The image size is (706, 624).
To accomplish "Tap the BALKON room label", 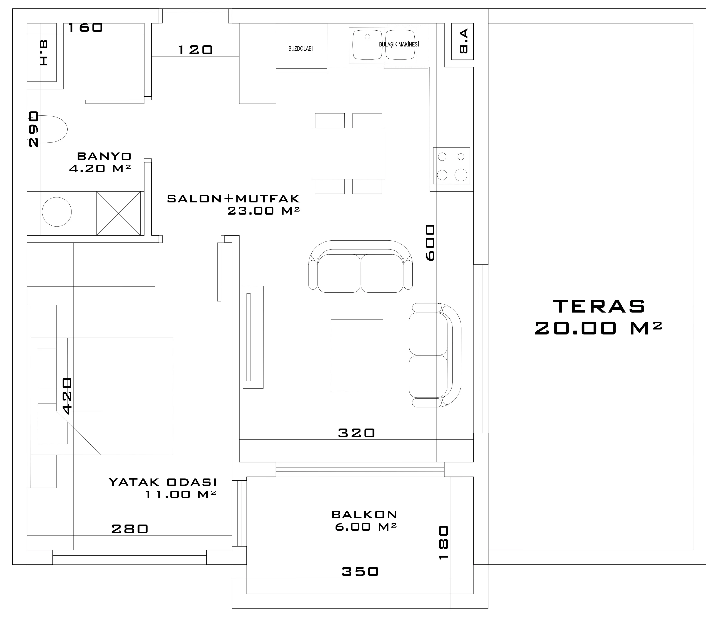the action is click(364, 515).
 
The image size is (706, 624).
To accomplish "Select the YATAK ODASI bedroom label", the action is click(163, 482).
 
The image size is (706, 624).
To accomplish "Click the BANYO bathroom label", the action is click(104, 156).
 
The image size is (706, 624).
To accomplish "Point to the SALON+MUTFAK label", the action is click(233, 199).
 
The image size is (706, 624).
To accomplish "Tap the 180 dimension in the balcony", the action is click(444, 543).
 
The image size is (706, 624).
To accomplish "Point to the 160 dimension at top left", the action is click(85, 28).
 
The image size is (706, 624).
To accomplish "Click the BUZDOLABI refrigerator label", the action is click(301, 49).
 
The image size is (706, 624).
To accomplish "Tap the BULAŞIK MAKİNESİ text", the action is click(399, 45).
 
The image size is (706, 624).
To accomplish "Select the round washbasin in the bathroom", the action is click(57, 212).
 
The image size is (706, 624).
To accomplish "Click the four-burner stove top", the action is click(452, 166).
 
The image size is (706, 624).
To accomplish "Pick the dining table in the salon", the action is click(349, 153).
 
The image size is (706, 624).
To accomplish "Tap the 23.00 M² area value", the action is click(263, 211).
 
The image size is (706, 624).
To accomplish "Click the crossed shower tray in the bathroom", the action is click(118, 214).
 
